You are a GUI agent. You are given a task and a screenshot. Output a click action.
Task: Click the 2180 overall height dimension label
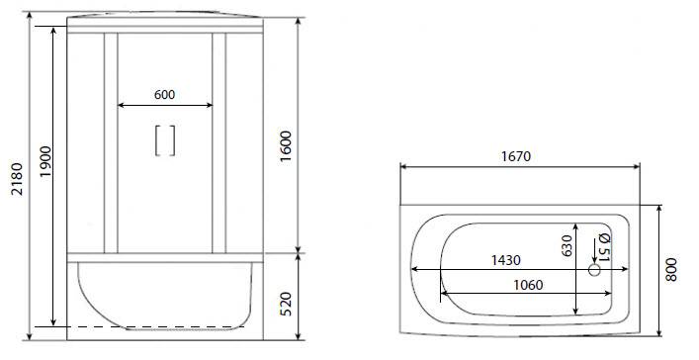pyautogui.click(x=17, y=179)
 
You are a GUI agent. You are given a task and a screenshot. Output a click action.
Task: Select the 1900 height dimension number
pyautogui.click(x=45, y=161)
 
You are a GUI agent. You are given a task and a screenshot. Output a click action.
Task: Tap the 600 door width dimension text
pyautogui.click(x=164, y=95)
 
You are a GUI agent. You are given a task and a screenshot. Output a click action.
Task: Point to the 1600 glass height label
pyautogui.click(x=286, y=146)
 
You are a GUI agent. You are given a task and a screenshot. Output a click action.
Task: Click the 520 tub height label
pyautogui.click(x=286, y=304)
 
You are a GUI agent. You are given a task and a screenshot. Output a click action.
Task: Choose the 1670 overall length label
pyautogui.click(x=516, y=156)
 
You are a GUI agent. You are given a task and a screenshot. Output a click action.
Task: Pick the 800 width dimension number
pyautogui.click(x=671, y=269)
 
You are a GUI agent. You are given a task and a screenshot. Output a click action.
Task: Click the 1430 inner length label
pyautogui.click(x=505, y=260)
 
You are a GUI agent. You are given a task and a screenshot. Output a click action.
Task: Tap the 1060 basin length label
pyautogui.click(x=528, y=285)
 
